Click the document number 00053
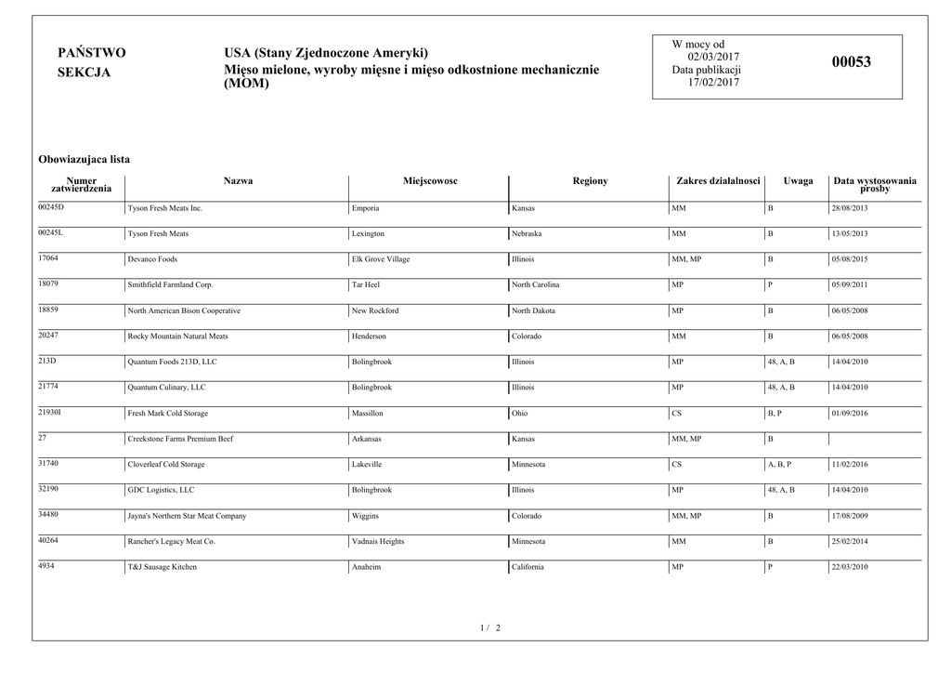coord(851,63)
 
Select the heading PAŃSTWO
coord(91,53)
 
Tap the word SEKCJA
coord(84,73)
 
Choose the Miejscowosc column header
coord(430,181)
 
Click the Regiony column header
coord(590,181)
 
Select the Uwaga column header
coord(798,181)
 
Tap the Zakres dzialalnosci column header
coord(718,181)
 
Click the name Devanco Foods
coord(152,259)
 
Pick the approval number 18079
coord(48,283)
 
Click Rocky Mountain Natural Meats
coord(177,336)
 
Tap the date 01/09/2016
coord(850,413)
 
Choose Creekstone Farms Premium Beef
coord(180,439)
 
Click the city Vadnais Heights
coord(378,541)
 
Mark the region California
coord(528,567)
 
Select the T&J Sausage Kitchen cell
coord(163,567)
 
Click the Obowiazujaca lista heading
coord(84,160)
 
